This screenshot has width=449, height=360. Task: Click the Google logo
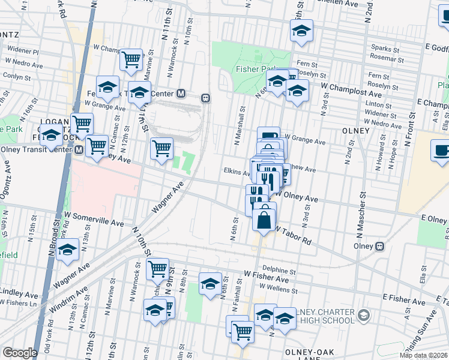click(x=19, y=353)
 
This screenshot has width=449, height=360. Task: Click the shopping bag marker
click(x=264, y=217)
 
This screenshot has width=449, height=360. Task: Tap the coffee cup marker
click(x=442, y=151)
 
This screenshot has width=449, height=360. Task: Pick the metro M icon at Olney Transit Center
click(x=79, y=150)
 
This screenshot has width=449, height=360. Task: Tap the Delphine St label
click(x=280, y=271)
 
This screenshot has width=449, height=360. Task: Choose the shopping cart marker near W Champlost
click(x=131, y=59)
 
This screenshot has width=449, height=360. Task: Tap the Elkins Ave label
click(x=237, y=172)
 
